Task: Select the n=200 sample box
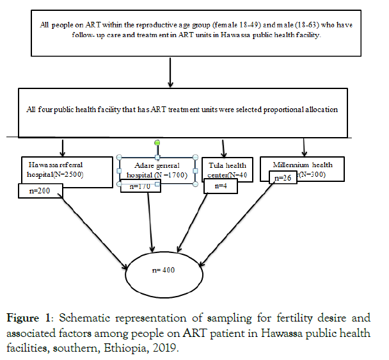pos(39,191)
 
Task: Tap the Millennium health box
pos(305,167)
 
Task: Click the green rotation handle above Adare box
pos(157,142)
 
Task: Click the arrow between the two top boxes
pos(170,73)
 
